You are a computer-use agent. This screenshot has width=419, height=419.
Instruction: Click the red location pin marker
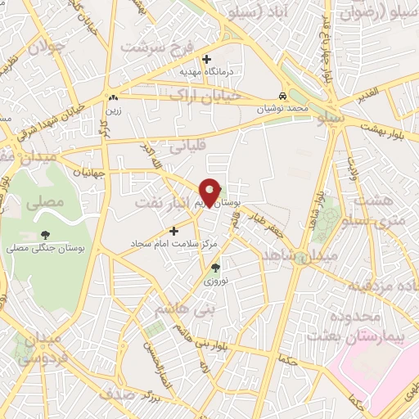(x=211, y=192)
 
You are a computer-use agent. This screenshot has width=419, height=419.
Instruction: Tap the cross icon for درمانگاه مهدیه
(x=206, y=59)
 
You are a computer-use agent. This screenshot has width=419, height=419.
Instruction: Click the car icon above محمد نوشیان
(x=282, y=95)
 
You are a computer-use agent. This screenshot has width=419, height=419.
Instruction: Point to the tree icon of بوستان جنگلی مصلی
(x=45, y=235)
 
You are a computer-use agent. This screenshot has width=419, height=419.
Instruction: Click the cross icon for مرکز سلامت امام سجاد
(x=173, y=231)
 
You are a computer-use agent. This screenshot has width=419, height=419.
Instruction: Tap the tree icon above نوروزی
(x=216, y=267)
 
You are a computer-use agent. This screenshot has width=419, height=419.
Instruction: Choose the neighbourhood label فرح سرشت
(x=156, y=47)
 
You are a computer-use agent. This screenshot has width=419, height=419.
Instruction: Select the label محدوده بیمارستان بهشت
(x=344, y=326)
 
